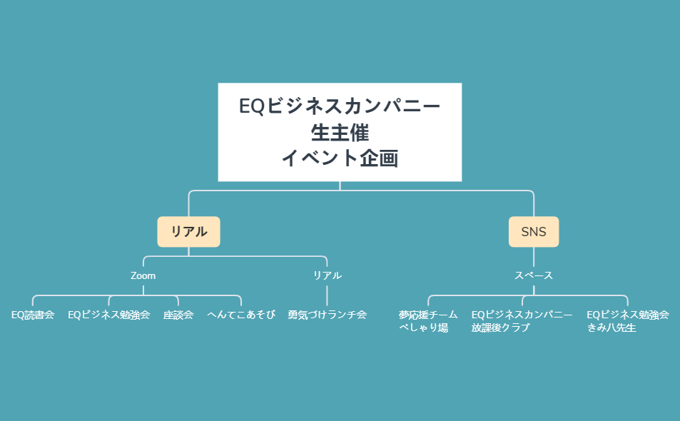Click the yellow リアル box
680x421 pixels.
pyautogui.click(x=188, y=231)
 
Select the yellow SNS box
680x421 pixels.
pyautogui.click(x=533, y=231)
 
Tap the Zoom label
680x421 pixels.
pyautogui.click(x=143, y=275)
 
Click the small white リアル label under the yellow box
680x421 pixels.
pyautogui.click(x=327, y=275)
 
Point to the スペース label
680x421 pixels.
pyautogui.click(x=534, y=275)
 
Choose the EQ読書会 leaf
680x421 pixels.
pyautogui.click(x=33, y=315)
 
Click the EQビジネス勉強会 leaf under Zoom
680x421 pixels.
pyautogui.click(x=108, y=315)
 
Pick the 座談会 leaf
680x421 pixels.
pyautogui.click(x=178, y=315)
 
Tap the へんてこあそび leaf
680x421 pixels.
pyautogui.click(x=241, y=315)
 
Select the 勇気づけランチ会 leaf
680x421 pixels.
pyautogui.click(x=327, y=315)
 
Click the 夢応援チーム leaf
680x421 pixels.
pyautogui.click(x=428, y=315)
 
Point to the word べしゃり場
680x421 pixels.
pyautogui.click(x=423, y=328)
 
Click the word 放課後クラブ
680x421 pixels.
pyautogui.click(x=501, y=328)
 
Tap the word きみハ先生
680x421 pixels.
pyautogui.click(x=611, y=328)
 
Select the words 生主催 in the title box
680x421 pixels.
pyautogui.click(x=340, y=133)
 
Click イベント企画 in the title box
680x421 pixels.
pyautogui.click(x=340, y=158)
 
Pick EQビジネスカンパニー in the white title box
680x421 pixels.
pyautogui.click(x=340, y=106)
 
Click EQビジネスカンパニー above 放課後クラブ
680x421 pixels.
pyautogui.click(x=522, y=315)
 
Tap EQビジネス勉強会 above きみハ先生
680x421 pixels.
pyautogui.click(x=627, y=315)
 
